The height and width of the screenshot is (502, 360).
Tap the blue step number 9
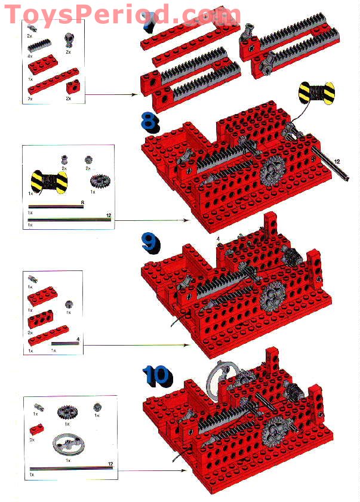pos(150,242)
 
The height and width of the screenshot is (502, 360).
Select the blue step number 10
pos(156,375)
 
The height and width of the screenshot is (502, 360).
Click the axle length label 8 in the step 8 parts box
pos(82,204)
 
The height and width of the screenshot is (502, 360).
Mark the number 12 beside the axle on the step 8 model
pos(337,161)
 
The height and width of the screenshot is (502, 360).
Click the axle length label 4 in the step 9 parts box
pos(78,340)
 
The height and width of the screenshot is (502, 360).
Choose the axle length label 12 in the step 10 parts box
pos(110,464)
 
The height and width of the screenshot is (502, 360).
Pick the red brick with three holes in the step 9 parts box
pos(41,318)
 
